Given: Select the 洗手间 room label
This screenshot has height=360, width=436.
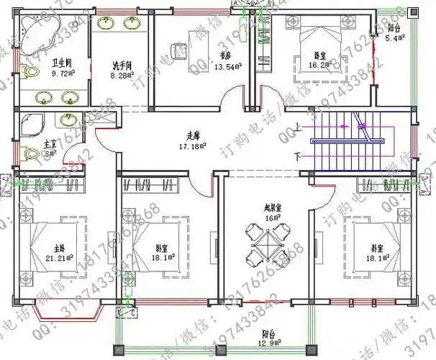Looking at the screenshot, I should [x=119, y=66].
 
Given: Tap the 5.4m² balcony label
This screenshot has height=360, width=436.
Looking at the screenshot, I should [x=395, y=37].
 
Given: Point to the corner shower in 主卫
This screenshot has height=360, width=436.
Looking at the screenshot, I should [x=33, y=124].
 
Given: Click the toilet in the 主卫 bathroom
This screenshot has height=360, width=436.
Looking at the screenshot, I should [x=30, y=153].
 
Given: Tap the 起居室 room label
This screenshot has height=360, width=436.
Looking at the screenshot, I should [x=273, y=207].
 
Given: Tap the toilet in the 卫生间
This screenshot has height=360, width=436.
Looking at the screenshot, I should [x=29, y=72].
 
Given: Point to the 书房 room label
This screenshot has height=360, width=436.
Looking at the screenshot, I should [x=226, y=55].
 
